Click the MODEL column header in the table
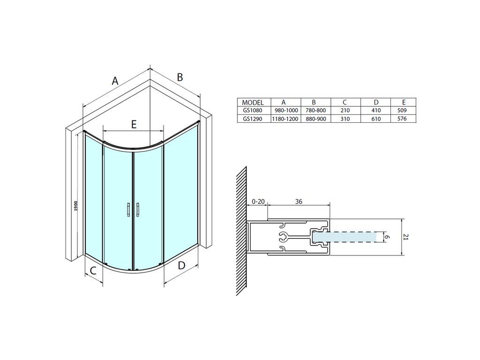(253, 103)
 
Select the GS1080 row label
(253, 111)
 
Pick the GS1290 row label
(253, 119)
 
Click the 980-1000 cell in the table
(285, 111)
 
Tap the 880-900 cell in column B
(315, 119)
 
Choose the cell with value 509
(402, 111)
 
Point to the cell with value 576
(402, 119)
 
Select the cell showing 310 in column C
(345, 119)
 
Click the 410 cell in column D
(376, 111)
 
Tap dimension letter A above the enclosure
(115, 81)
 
